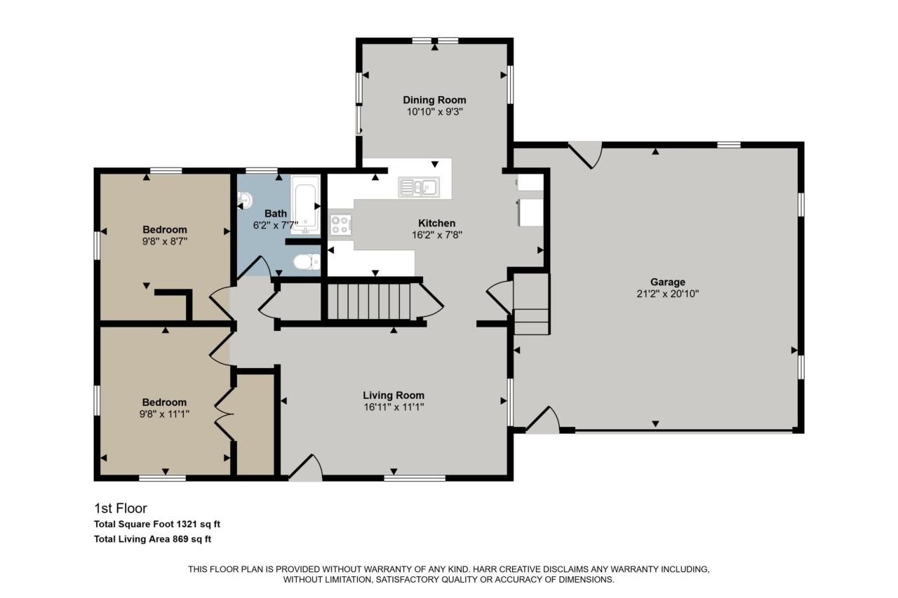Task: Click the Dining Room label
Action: tap(434, 100)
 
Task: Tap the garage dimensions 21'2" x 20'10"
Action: tap(666, 294)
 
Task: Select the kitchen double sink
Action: tap(419, 186)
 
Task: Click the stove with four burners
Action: tap(340, 224)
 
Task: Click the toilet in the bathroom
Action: tap(306, 262)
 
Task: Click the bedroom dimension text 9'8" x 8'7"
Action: tap(165, 240)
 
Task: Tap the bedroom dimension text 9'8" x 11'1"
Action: tap(165, 414)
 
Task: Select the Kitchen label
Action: tap(436, 223)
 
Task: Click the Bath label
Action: tap(275, 213)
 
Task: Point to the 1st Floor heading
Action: tap(120, 508)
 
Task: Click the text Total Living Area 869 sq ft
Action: tap(152, 539)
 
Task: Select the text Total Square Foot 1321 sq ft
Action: tap(157, 524)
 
